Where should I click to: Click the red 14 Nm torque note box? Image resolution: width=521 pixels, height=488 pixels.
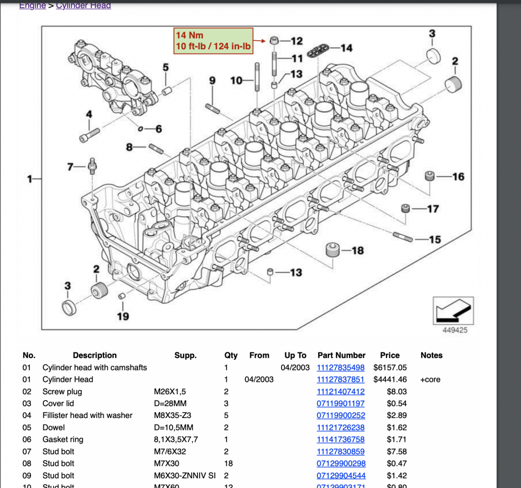[x=213, y=41]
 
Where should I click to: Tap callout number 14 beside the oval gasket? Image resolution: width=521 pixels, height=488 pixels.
[x=346, y=48]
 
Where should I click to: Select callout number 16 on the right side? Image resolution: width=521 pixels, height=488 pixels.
[x=458, y=177]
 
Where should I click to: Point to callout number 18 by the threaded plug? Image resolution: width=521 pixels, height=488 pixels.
[x=357, y=251]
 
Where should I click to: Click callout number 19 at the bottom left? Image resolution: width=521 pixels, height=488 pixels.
[x=123, y=316]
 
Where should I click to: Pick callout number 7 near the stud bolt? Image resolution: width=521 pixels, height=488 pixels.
[x=70, y=166]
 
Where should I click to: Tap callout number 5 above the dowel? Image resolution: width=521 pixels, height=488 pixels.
[x=166, y=68]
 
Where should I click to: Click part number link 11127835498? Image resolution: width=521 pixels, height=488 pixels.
[x=340, y=368]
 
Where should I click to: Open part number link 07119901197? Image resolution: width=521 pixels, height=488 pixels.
[x=340, y=403]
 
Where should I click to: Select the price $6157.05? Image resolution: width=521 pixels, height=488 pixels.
[x=390, y=368]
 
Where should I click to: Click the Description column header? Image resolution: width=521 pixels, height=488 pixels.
[x=94, y=356]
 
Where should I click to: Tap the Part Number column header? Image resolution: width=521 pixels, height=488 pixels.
[x=341, y=356]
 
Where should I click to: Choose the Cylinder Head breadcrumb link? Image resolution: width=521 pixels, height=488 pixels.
[x=84, y=5]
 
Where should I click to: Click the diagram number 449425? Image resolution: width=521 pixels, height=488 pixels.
[x=454, y=330]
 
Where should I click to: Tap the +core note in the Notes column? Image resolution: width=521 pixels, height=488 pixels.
[x=430, y=380]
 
